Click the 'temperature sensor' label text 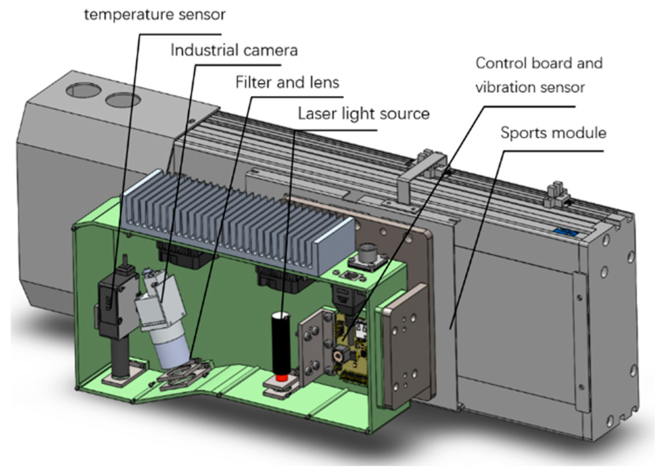[155, 15]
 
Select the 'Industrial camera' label [234, 50]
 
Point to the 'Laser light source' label [363, 114]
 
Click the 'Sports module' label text [553, 133]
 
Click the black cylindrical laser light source [281, 342]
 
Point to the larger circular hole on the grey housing [83, 90]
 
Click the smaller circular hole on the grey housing [123, 100]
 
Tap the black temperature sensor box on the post [113, 304]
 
